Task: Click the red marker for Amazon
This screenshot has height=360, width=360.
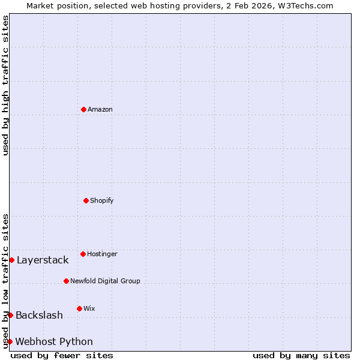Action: pyautogui.click(x=83, y=109)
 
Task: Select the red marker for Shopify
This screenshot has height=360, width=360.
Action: pyautogui.click(x=86, y=200)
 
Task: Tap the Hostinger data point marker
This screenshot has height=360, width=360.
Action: pyautogui.click(x=83, y=254)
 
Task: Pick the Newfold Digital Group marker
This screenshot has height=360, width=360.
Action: pyautogui.click(x=66, y=281)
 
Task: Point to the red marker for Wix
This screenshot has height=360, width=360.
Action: pyautogui.click(x=79, y=308)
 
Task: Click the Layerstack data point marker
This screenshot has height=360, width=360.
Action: pyautogui.click(x=11, y=260)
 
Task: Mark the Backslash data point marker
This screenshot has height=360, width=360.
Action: pyautogui.click(x=10, y=315)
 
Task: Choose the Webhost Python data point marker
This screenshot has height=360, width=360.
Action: pyautogui.click(x=10, y=341)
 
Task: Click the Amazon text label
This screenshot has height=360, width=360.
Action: pyautogui.click(x=100, y=109)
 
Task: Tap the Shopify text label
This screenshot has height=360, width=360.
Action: pyautogui.click(x=102, y=200)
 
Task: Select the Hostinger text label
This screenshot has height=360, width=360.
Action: pyautogui.click(x=102, y=254)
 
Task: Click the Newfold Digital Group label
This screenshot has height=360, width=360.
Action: pyautogui.click(x=105, y=281)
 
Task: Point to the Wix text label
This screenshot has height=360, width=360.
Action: pyautogui.click(x=89, y=308)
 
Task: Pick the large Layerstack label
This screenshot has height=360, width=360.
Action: pyautogui.click(x=43, y=260)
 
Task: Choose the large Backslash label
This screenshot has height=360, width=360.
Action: pyautogui.click(x=39, y=315)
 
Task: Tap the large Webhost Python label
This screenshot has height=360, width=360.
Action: pyautogui.click(x=54, y=341)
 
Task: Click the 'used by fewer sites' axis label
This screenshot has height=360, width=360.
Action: pyautogui.click(x=62, y=355)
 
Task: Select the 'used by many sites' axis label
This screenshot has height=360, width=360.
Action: pyautogui.click(x=301, y=355)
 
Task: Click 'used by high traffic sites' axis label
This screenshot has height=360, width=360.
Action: pyautogui.click(x=5, y=85)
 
